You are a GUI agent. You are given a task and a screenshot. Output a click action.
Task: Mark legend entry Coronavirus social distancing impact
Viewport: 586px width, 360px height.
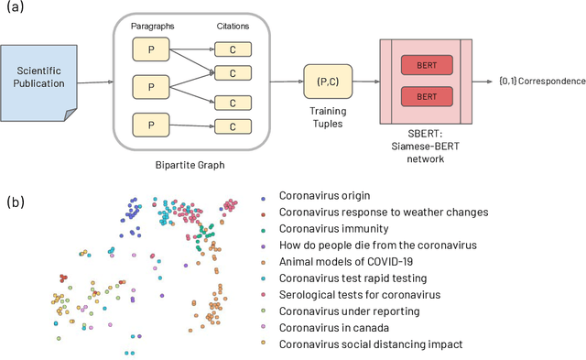click(x=371, y=344)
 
